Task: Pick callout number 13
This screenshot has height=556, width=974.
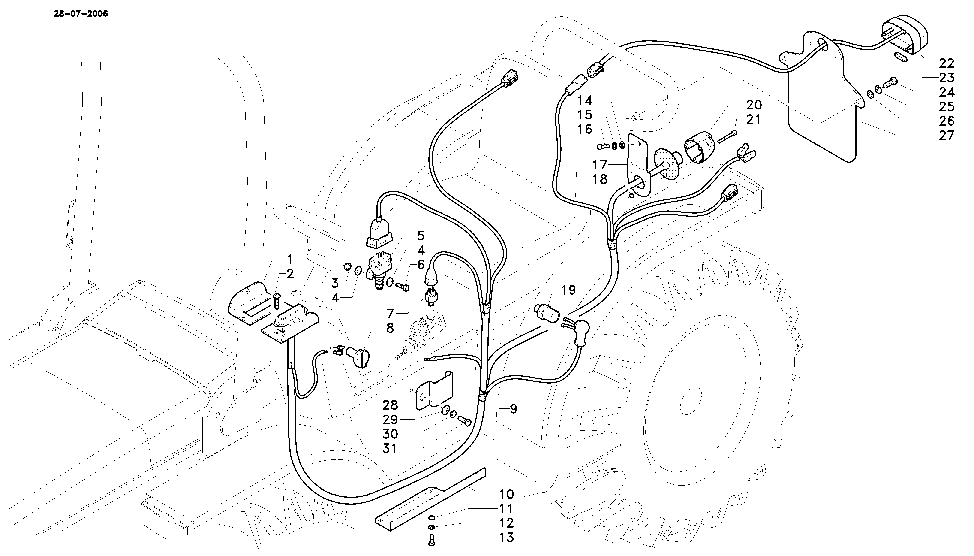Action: (506, 538)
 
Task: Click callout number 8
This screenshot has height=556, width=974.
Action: (390, 328)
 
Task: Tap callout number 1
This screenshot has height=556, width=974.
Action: (290, 260)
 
